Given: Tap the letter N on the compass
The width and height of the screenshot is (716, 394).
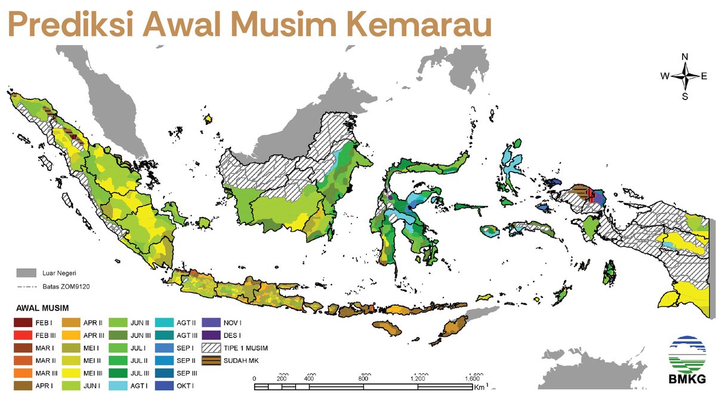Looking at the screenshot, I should coord(685,57).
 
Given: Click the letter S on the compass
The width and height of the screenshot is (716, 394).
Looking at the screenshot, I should coord(685,96).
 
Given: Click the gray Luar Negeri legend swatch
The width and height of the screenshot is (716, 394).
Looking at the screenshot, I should coord(26,273).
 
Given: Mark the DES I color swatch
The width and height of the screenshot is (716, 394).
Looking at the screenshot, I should coord(212,335).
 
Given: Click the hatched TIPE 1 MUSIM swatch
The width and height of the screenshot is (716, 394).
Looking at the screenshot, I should coord(212,348).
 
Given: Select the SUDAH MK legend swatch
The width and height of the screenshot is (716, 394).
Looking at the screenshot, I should coord(212,360).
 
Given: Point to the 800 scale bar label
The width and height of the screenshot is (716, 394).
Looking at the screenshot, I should coord(363,379).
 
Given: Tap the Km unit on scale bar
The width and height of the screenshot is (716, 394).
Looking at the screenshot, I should coord(480,387).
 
